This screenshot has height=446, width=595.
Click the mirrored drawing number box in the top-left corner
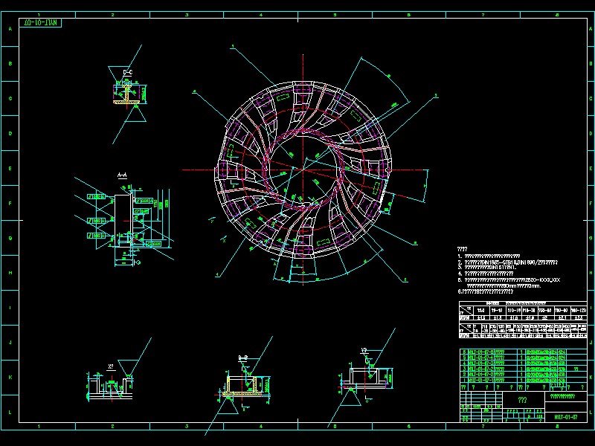point(42,22)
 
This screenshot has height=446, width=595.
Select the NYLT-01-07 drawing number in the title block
point(566,417)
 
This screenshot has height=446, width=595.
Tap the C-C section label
point(127,73)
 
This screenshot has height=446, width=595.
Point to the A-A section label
point(123,175)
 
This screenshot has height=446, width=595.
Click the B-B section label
point(242,358)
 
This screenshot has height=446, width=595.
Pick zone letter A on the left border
point(10,30)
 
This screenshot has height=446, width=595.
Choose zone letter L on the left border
point(10,411)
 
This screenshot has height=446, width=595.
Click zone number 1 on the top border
point(39,13)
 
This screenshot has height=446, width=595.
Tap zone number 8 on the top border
point(556,13)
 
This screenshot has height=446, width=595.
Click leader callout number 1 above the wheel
point(233,46)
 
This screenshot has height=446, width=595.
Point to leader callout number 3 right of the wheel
point(436,94)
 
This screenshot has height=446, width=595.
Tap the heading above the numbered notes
point(462,249)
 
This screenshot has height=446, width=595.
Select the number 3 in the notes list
point(460,268)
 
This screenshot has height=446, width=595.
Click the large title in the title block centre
point(521,400)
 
